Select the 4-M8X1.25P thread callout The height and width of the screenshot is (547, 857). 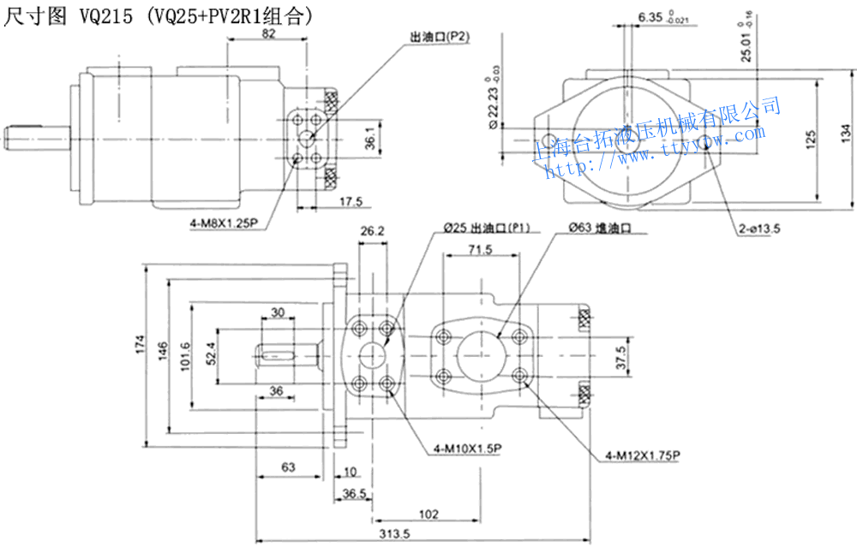[x=225, y=225]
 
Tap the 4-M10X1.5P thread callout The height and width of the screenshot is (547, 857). [x=468, y=448]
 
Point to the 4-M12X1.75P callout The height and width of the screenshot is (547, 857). [x=642, y=455]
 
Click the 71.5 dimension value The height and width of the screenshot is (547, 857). [x=481, y=250]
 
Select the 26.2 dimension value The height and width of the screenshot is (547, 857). [x=373, y=231]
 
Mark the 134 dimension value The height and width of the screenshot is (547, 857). [x=846, y=133]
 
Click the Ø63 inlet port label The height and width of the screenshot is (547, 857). [x=599, y=229]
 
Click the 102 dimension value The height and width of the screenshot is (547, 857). [x=428, y=514]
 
